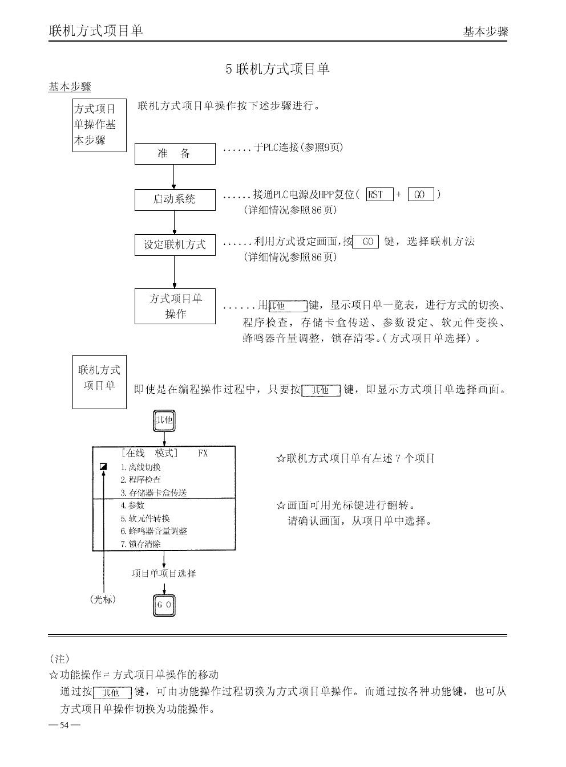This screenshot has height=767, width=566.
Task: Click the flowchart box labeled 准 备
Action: tap(175, 154)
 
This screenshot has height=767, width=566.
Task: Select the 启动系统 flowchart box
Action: tap(175, 199)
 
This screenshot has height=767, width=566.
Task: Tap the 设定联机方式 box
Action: tap(175, 245)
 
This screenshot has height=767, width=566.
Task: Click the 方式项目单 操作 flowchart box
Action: tap(175, 307)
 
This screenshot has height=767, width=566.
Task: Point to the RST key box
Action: tap(379, 195)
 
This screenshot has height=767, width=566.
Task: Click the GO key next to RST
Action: tap(421, 195)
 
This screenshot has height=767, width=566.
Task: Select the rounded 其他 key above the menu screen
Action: tap(164, 422)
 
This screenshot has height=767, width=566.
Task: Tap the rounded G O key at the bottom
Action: tap(164, 605)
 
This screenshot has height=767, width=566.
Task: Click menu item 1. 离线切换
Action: tap(140, 467)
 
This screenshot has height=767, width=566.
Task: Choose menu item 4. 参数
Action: tap(132, 505)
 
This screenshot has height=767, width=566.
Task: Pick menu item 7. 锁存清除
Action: tap(140, 544)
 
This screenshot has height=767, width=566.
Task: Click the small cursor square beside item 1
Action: tap(103, 467)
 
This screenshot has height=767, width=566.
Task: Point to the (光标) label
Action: tap(103, 599)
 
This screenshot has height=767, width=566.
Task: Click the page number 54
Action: tap(64, 725)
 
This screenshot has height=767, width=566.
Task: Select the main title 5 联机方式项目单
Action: tap(277, 70)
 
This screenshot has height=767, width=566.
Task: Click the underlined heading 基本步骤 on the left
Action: tap(70, 87)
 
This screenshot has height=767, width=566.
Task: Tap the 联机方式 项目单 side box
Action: tap(99, 382)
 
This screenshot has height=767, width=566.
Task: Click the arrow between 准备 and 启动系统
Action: tap(174, 177)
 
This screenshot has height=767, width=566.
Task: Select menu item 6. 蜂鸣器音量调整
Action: tap(153, 531)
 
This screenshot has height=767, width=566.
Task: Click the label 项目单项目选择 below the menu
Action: tap(164, 573)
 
